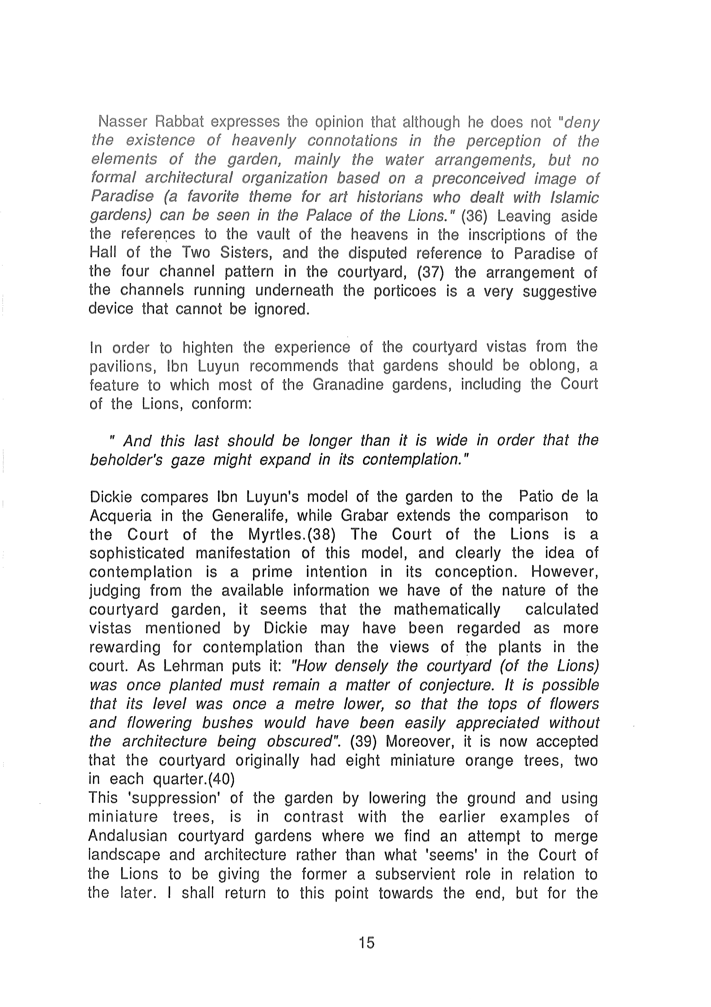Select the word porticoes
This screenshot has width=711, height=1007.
[x=405, y=291]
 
